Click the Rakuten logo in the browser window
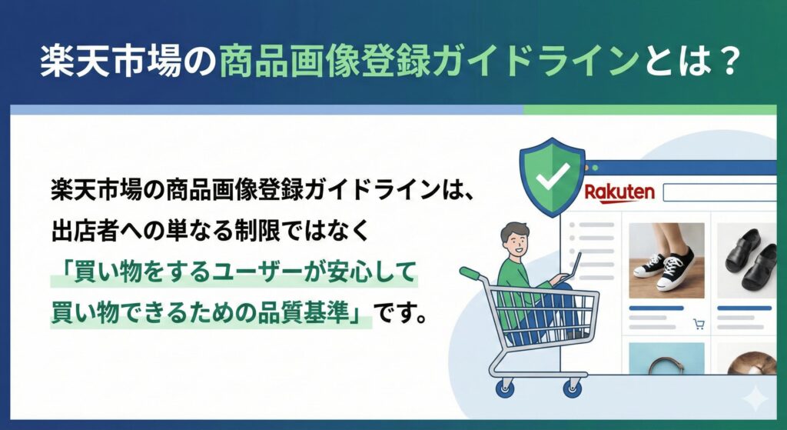(619, 192)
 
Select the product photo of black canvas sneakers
(666, 260)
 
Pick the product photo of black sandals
(746, 260)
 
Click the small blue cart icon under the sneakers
(699, 324)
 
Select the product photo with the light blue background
(666, 358)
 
